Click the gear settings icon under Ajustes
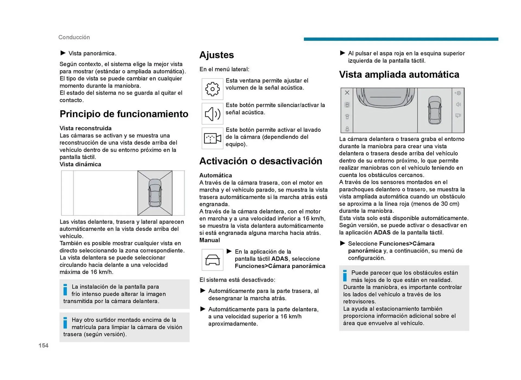pyautogui.click(x=212, y=89)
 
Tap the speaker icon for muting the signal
pyautogui.click(x=212, y=114)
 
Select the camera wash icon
pyautogui.click(x=212, y=138)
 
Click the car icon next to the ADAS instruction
pyautogui.click(x=212, y=260)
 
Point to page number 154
pyautogui.click(x=43, y=345)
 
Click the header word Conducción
pyautogui.click(x=74, y=37)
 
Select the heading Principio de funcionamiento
pyautogui.click(x=124, y=114)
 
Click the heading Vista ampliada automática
pyautogui.click(x=399, y=75)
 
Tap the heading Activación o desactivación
pyautogui.click(x=260, y=161)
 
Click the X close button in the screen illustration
pyautogui.click(x=347, y=93)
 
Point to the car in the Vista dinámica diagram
pyautogui.click(x=155, y=193)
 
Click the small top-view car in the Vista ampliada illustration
pyautogui.click(x=434, y=110)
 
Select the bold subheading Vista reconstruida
pyautogui.click(x=85, y=128)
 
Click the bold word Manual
pyautogui.click(x=209, y=240)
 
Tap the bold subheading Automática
pyautogui.click(x=215, y=175)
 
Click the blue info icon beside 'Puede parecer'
pyautogui.click(x=345, y=276)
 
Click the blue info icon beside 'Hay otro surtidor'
pyautogui.click(x=65, y=323)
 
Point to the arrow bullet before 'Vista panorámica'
pyautogui.click(x=63, y=53)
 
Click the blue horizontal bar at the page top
pyautogui.click(x=401, y=39)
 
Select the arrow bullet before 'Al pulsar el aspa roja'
pyautogui.click(x=342, y=53)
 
